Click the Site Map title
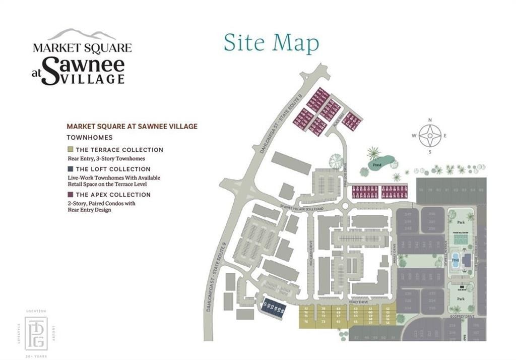coord(271,43)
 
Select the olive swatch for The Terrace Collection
coord(70,150)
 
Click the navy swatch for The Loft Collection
coord(70,169)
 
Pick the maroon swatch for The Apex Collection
coord(70,195)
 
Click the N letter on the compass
coord(430,120)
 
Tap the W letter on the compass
coord(414,136)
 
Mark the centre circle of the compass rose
coord(430,136)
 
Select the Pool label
coord(455,260)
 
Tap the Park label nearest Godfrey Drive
coord(460,298)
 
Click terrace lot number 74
coord(305,321)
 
